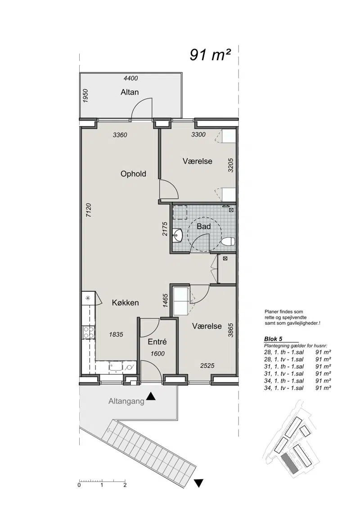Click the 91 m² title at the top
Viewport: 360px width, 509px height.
click(210, 55)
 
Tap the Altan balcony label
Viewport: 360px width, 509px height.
click(130, 92)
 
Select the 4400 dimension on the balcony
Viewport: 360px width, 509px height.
click(131, 78)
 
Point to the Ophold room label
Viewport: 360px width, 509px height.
click(133, 174)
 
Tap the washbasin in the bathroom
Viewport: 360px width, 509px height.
click(178, 235)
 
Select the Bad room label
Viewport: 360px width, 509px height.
click(204, 226)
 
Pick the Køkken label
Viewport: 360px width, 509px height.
click(126, 303)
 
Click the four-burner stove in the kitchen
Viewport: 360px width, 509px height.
click(89, 332)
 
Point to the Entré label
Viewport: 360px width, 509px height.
click(157, 342)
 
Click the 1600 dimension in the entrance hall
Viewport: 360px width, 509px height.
click(157, 354)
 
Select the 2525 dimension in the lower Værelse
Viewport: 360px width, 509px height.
click(207, 366)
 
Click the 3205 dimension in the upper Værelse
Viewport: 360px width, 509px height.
click(231, 165)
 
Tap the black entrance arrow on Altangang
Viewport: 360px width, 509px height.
click(151, 396)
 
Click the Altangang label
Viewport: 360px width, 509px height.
click(126, 402)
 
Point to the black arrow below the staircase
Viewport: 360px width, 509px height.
click(199, 483)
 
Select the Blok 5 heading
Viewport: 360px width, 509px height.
click(273, 339)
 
